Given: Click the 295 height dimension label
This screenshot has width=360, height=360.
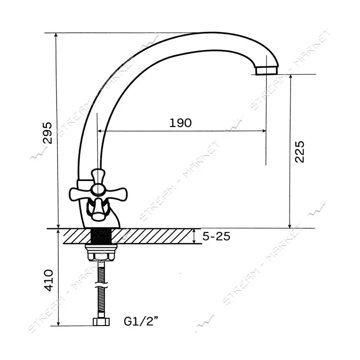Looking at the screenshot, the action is click(48, 133).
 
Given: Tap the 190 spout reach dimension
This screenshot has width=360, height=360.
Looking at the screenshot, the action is click(181, 123).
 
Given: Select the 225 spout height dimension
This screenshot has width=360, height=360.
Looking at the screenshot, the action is click(299, 152).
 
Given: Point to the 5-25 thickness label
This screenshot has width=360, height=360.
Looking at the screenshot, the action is click(217, 236).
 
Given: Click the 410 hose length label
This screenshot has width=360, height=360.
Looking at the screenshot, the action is click(48, 280).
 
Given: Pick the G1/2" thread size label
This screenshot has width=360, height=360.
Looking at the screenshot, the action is click(141, 321).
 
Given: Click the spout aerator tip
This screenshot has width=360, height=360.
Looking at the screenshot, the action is click(266, 70).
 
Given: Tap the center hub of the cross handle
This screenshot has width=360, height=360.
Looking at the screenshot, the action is click(98, 190).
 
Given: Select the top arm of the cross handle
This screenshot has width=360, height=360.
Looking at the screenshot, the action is click(98, 176).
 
